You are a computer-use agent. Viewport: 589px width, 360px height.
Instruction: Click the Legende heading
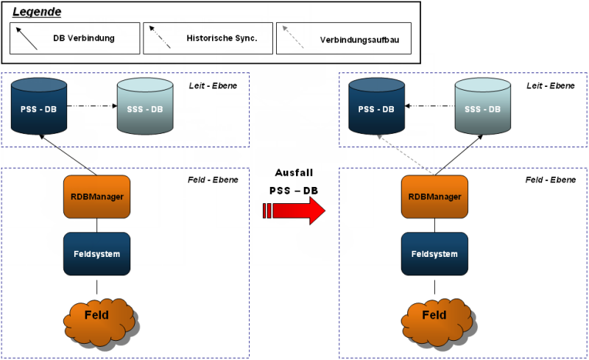point(37,12)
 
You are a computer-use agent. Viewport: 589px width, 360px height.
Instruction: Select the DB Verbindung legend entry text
point(84,38)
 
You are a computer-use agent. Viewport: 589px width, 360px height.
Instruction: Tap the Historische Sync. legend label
point(222,38)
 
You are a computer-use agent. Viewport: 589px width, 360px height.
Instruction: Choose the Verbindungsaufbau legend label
point(359,40)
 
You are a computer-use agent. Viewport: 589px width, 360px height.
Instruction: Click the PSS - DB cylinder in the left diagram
point(39,106)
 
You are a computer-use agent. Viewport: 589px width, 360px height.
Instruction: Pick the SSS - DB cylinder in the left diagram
point(145,106)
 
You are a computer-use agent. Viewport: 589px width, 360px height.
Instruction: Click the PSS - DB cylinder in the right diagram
point(376,106)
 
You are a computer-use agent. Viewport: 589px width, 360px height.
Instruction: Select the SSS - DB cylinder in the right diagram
point(483,106)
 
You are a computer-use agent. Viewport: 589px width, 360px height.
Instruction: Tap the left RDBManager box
point(97,197)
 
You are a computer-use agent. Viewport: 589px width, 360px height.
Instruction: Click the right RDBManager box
point(434,197)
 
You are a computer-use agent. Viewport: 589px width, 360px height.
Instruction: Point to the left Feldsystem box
point(97,254)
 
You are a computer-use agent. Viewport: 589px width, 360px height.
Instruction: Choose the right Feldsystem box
point(434,254)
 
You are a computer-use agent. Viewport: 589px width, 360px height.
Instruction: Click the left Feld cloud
point(99,322)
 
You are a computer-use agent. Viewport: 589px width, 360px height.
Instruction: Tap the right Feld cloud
point(437,322)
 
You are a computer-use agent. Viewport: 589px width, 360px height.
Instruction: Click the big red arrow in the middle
point(294,211)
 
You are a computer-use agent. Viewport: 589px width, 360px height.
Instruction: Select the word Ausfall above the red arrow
point(294,173)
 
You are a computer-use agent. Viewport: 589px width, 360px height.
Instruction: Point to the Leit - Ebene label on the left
point(213,85)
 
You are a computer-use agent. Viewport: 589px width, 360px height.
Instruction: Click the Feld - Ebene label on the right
point(550,180)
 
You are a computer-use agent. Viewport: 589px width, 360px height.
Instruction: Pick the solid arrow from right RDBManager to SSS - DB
point(459,155)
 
